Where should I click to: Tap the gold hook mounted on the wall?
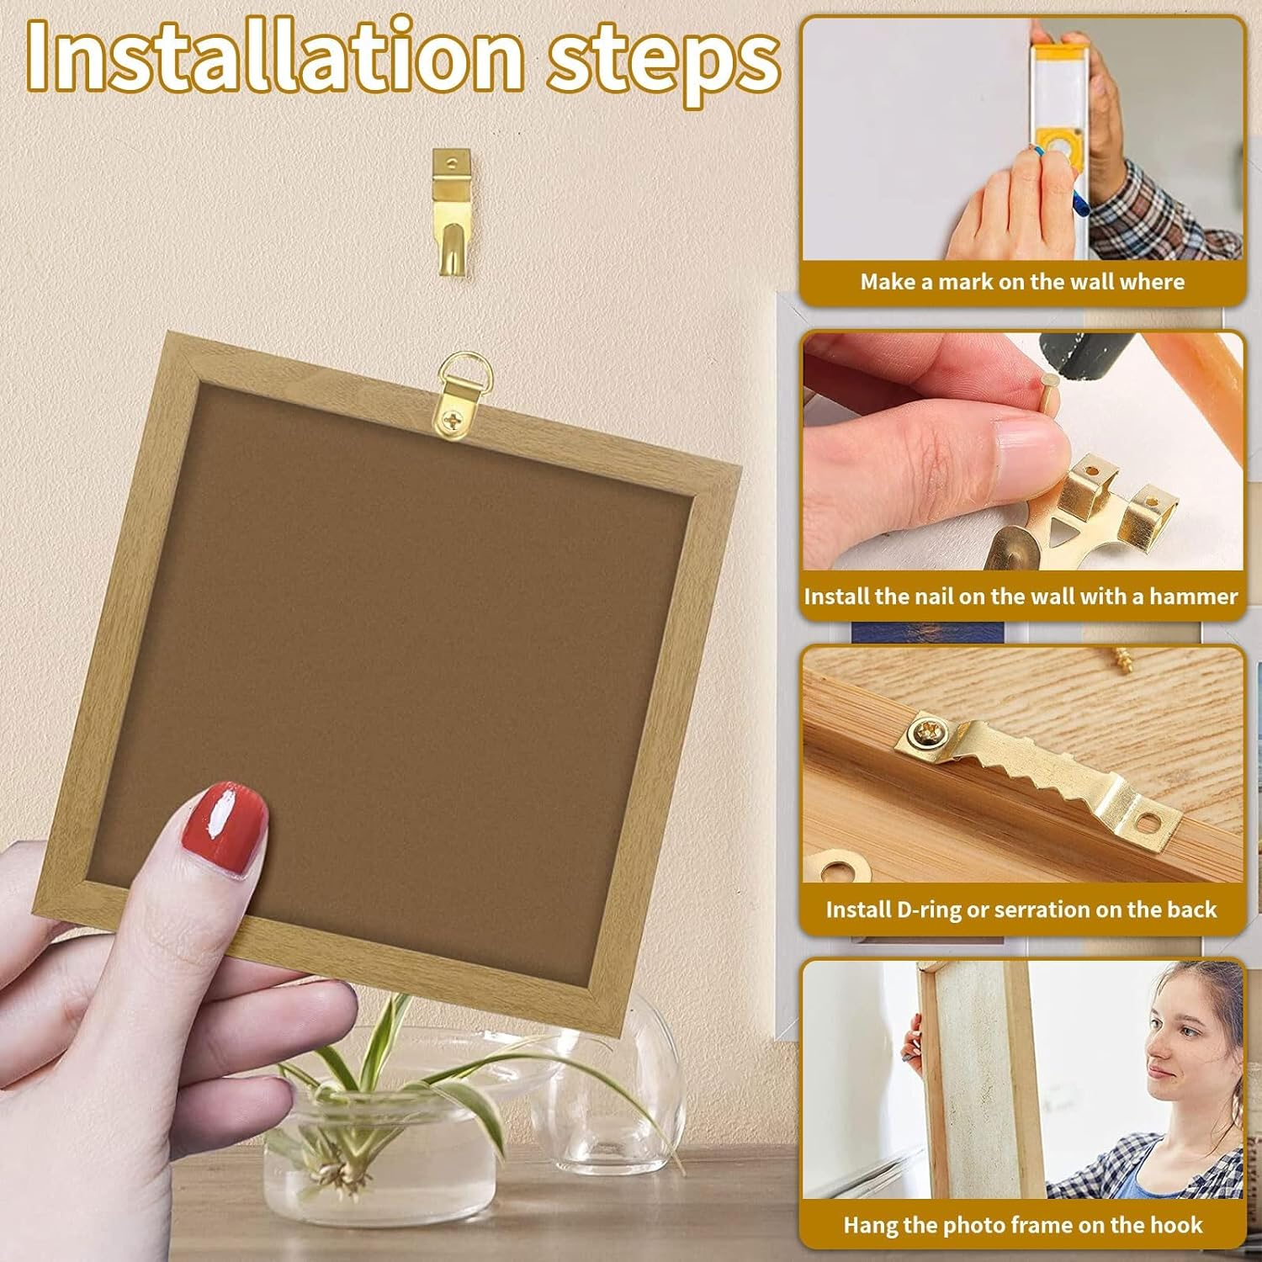[x=452, y=210]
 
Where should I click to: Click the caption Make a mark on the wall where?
[x=1021, y=282]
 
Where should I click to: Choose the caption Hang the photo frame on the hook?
[x=1022, y=1225]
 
